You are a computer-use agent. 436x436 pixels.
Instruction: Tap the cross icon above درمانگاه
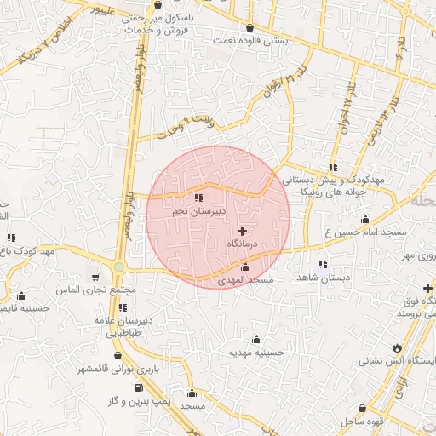243,231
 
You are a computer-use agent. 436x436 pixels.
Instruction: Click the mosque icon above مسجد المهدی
246,268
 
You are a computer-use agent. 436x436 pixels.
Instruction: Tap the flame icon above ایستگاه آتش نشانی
397,347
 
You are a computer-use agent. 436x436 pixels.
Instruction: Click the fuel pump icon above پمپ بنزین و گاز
135,387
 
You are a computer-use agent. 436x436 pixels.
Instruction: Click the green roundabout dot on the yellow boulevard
119,267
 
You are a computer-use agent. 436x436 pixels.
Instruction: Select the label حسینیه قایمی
19,309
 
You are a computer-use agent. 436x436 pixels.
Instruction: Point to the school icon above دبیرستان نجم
199,198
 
